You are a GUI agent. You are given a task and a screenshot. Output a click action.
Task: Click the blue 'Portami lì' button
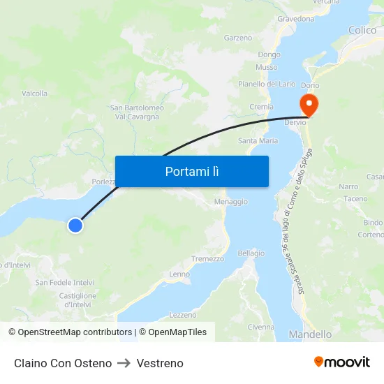[192, 171]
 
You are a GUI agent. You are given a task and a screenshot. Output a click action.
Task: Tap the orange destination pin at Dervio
[308, 105]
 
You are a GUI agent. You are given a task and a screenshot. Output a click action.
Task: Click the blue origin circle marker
[75, 225]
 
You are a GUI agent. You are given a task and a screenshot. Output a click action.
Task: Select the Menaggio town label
[231, 202]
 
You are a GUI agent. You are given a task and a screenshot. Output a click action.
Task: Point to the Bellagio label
[251, 253]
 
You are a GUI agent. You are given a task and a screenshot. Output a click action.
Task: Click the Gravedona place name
[295, 19]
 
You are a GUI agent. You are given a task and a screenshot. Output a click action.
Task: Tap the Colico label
[362, 30]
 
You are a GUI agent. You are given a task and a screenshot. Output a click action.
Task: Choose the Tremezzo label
[208, 259]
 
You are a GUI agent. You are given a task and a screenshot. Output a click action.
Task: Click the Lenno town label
[179, 274]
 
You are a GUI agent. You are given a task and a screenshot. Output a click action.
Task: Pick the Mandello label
[311, 334]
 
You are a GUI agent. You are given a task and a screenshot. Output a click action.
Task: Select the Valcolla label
[35, 94]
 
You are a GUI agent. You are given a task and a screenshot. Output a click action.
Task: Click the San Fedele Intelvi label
[65, 283]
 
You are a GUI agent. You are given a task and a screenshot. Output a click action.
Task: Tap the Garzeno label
[238, 38]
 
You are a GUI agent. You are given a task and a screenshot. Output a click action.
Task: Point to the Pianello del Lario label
[267, 84]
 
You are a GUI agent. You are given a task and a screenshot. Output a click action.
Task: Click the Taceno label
[355, 199]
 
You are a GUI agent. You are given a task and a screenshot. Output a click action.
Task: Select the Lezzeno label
[183, 315]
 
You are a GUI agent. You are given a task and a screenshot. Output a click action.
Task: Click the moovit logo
[342, 362]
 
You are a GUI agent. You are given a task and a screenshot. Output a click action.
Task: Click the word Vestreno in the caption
[160, 363]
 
